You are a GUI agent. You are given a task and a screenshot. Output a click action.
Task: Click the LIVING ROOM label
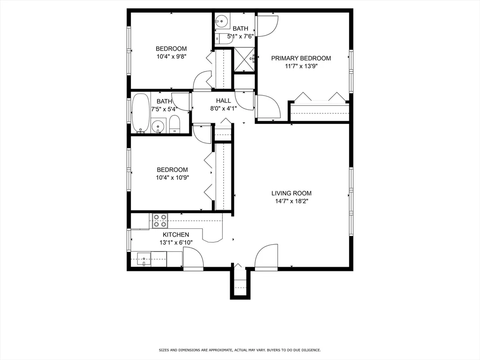click(292, 193)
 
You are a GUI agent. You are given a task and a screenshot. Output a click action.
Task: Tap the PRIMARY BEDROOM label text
click(301, 58)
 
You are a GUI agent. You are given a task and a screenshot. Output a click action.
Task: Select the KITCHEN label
click(176, 235)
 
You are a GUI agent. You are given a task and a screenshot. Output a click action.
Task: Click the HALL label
click(224, 101)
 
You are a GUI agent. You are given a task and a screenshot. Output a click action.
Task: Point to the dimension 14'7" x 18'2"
click(292, 201)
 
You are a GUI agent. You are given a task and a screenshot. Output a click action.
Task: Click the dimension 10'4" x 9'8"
click(172, 57)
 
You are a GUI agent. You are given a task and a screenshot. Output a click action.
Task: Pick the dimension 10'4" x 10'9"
click(172, 178)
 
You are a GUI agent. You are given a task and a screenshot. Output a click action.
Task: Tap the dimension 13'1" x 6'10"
click(176, 243)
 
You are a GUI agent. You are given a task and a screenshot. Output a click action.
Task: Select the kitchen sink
click(144, 259)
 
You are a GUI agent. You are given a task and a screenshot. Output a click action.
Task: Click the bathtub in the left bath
click(141, 113)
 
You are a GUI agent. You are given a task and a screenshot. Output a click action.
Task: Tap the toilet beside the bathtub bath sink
click(174, 125)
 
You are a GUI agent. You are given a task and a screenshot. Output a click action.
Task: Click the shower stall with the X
click(244, 60)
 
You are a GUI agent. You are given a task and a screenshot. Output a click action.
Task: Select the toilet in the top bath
click(223, 38)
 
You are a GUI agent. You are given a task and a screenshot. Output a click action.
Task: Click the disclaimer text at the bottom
click(240, 350)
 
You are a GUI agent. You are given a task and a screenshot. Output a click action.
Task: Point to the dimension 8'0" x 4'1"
click(224, 108)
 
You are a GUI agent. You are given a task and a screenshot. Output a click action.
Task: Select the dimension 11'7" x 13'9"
click(301, 66)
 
